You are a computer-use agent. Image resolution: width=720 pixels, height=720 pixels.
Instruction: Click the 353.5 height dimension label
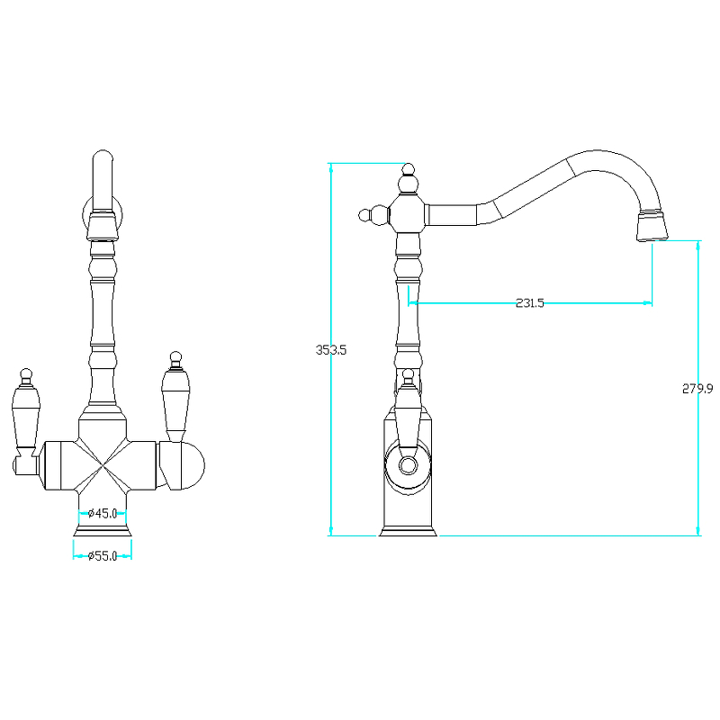pyautogui.click(x=330, y=350)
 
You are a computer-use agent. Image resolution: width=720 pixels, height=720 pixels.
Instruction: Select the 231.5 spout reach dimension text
pyautogui.click(x=529, y=303)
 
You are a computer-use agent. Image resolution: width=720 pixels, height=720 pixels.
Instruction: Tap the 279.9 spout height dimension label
pyautogui.click(x=697, y=389)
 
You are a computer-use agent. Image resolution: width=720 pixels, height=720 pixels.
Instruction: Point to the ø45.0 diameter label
pyautogui.click(x=103, y=513)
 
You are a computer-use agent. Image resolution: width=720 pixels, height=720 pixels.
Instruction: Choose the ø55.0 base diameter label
pyautogui.click(x=103, y=556)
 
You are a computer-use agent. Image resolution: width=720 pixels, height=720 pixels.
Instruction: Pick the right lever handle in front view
pyautogui.click(x=175, y=397)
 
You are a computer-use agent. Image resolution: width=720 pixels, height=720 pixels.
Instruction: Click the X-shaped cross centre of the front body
pyautogui.click(x=103, y=465)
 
